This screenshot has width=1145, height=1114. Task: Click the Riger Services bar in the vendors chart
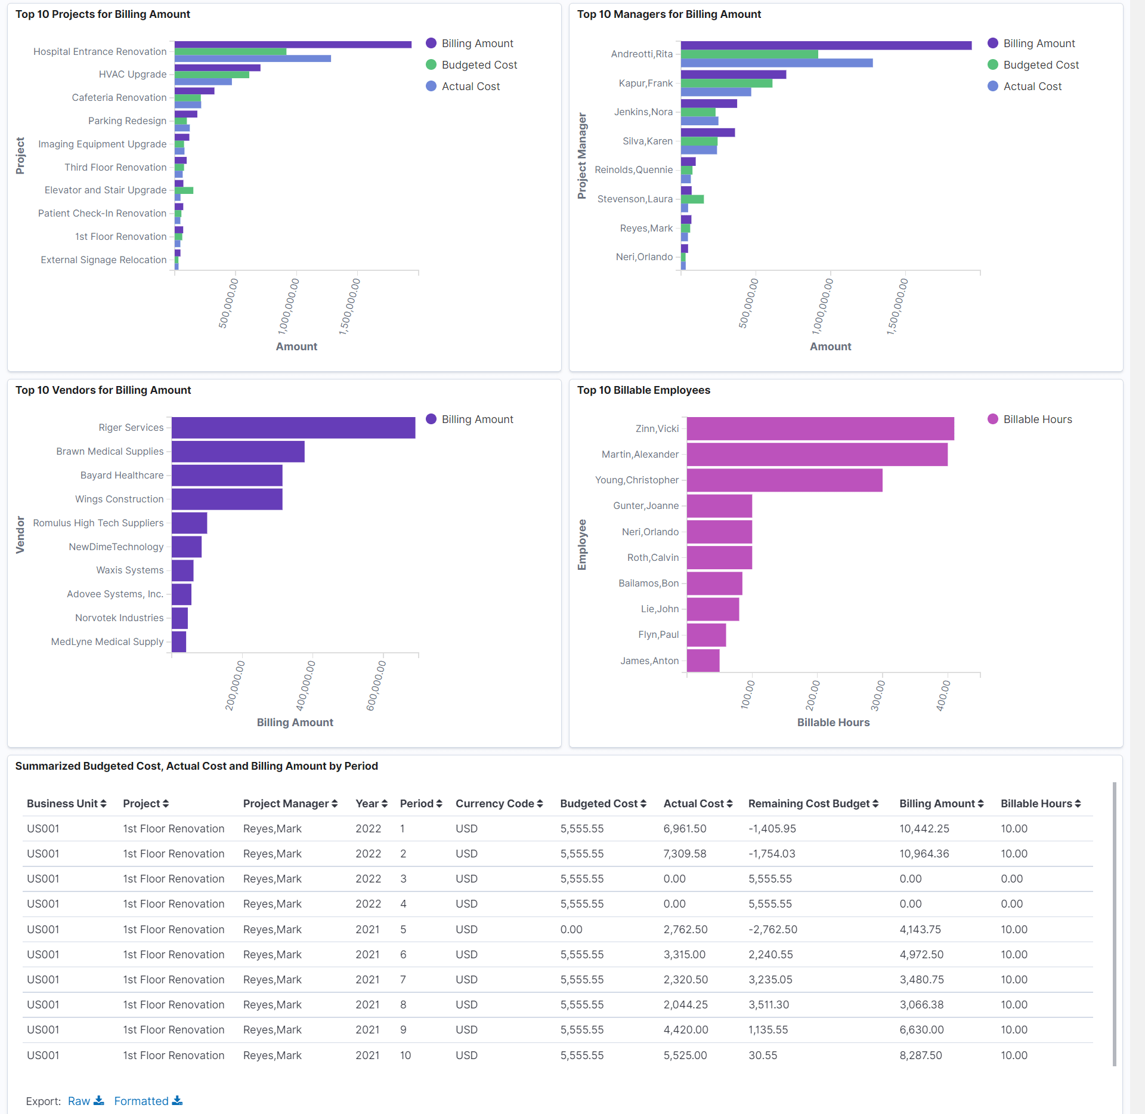[293, 428]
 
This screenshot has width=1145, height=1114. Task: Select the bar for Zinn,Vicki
[820, 429]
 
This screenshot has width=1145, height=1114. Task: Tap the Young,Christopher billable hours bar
[784, 480]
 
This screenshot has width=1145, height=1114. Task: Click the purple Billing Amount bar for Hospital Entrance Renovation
[293, 45]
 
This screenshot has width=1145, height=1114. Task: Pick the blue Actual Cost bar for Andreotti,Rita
[776, 63]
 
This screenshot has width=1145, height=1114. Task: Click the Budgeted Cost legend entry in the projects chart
[479, 65]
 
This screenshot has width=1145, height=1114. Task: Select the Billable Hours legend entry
[1037, 419]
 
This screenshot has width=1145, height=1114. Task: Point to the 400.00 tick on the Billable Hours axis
[943, 695]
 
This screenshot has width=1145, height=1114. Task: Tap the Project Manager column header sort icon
[335, 804]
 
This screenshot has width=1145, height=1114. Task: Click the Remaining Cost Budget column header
[809, 804]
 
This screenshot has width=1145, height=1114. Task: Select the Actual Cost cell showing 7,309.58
[685, 854]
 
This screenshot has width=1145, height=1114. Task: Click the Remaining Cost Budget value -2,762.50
[772, 930]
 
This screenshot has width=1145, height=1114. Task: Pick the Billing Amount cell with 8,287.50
[920, 1056]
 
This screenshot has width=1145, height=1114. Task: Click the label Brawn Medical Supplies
[110, 452]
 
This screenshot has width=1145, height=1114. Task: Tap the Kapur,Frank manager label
[645, 84]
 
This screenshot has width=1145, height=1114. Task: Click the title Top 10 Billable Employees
[643, 390]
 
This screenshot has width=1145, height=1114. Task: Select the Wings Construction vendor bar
[227, 499]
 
